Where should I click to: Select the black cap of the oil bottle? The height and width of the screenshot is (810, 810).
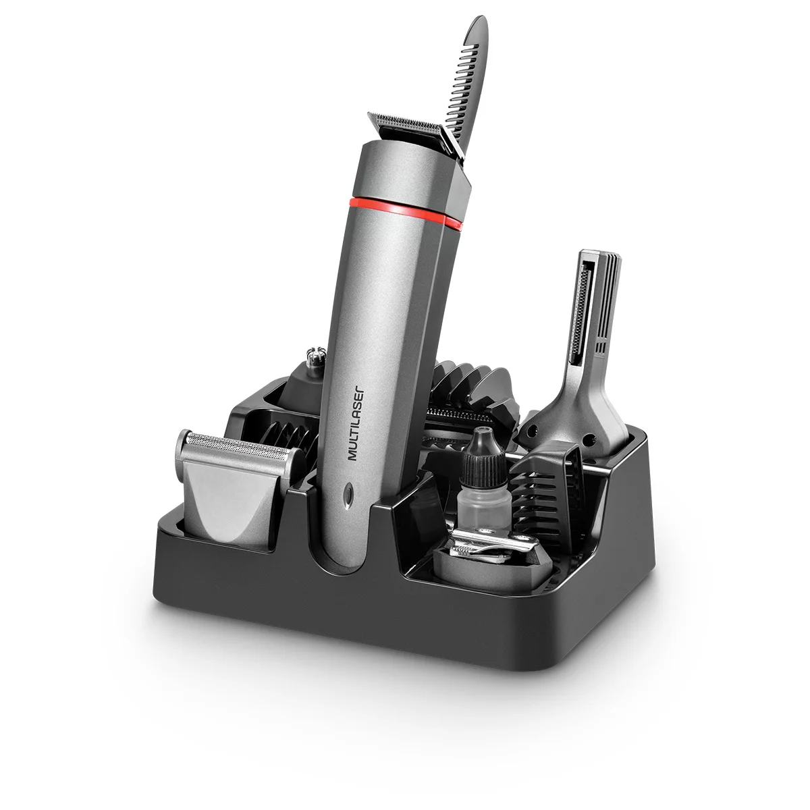pos(481,446)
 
